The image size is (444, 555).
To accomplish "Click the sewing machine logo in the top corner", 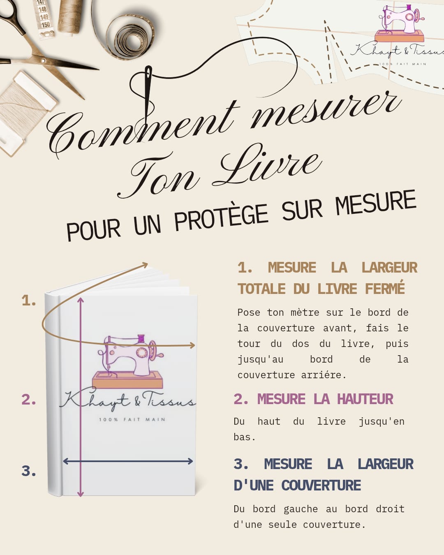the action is click(x=399, y=23).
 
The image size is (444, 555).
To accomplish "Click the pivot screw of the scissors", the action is click(x=43, y=61).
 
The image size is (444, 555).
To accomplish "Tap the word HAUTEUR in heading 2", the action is click(x=365, y=399).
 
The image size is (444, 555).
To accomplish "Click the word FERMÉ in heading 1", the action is click(x=385, y=289).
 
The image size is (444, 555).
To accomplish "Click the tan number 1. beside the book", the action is click(x=29, y=301).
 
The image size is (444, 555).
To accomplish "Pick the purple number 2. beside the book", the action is click(x=29, y=400).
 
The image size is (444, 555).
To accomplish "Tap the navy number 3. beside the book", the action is click(x=29, y=471).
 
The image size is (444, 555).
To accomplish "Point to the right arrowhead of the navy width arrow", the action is click(x=190, y=461).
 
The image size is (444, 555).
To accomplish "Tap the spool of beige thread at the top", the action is click(x=70, y=16).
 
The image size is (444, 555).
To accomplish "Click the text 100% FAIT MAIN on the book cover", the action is click(x=132, y=420).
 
